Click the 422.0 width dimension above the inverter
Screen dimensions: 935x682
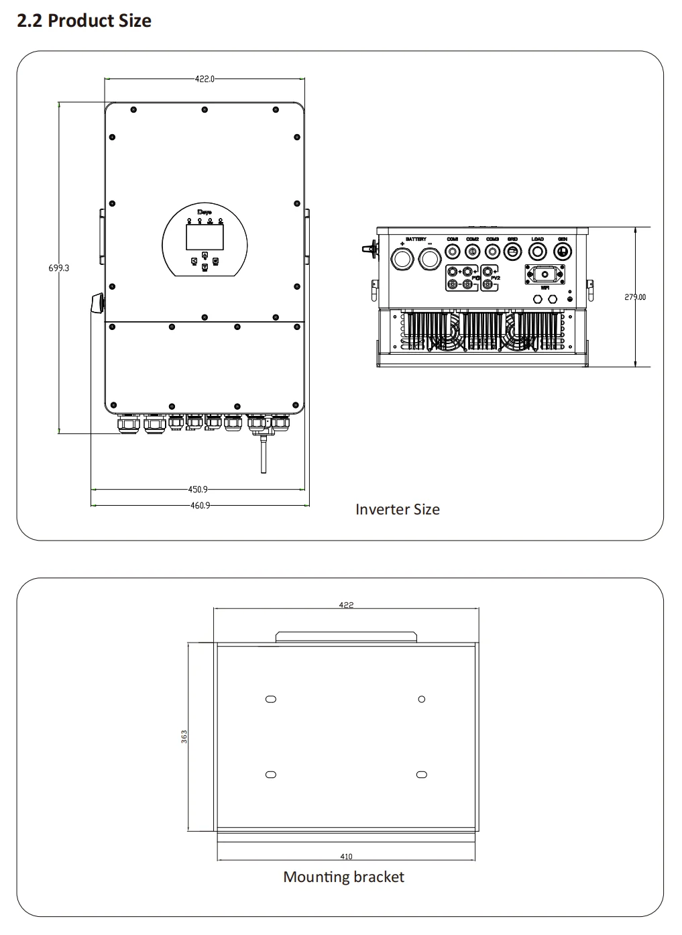(205, 79)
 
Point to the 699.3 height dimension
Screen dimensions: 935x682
(58, 268)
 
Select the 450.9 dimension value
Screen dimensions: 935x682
(198, 490)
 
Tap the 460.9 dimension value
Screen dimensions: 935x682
(200, 506)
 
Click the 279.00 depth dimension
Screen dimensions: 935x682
(635, 297)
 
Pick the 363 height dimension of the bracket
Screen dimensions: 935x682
(184, 736)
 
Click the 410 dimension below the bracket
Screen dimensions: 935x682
(346, 857)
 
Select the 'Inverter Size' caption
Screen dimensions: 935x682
(397, 510)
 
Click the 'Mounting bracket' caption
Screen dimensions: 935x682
(343, 877)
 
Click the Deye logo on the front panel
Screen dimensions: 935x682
(205, 213)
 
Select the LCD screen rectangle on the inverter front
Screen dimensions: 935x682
(205, 237)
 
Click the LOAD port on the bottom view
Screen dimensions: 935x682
(538, 252)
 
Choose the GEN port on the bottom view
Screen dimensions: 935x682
(563, 252)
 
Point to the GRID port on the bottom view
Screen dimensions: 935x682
(512, 252)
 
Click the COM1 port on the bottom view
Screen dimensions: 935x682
(453, 252)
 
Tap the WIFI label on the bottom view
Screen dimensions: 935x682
(545, 288)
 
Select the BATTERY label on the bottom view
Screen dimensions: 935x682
(416, 239)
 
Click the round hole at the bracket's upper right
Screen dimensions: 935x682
(422, 699)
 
